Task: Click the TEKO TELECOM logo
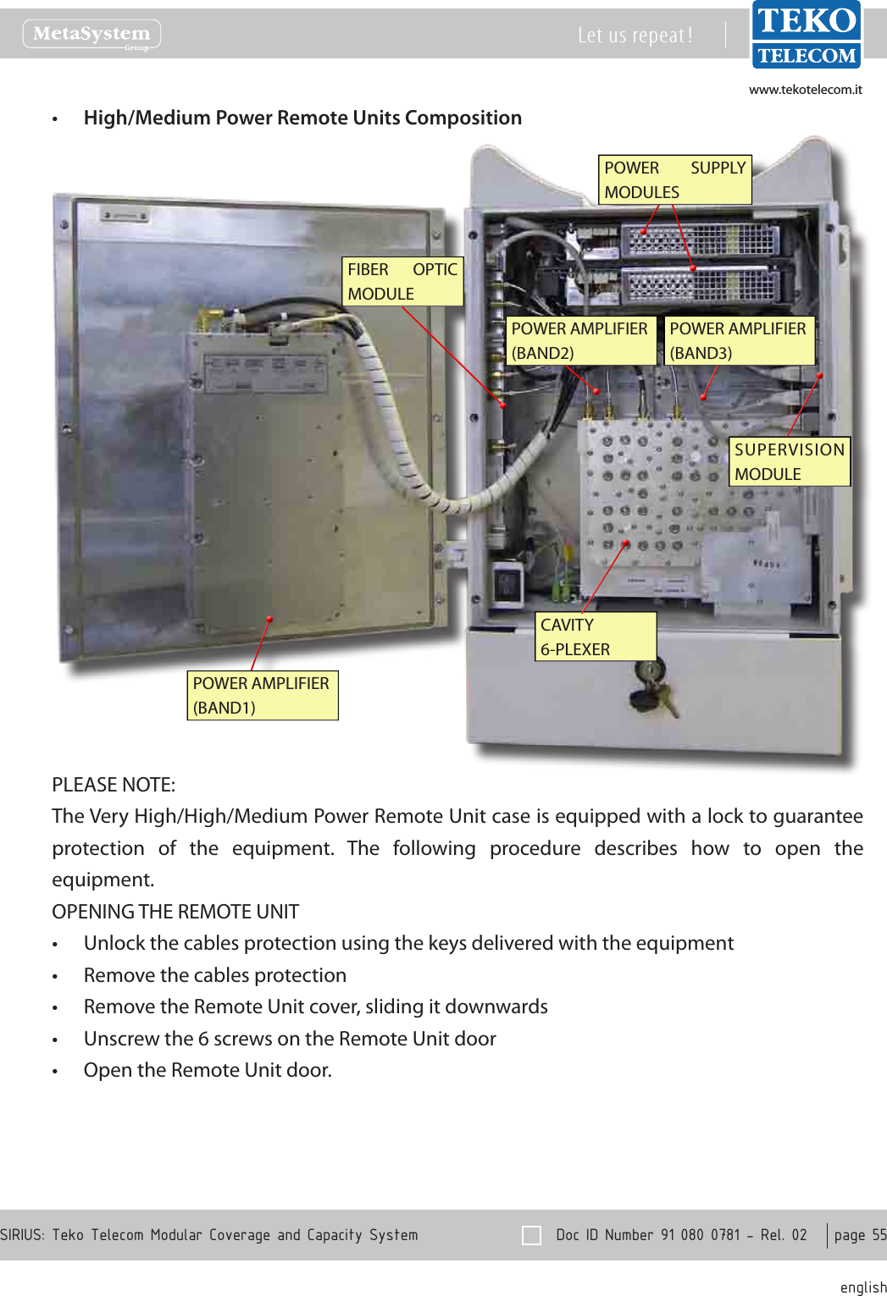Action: [x=806, y=36]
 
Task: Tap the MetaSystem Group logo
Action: [x=91, y=35]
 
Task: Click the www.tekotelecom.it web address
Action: [x=805, y=90]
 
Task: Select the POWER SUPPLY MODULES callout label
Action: [x=674, y=179]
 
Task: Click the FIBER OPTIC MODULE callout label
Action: [x=402, y=281]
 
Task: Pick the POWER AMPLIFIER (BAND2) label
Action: [x=580, y=340]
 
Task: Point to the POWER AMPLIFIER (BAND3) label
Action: [x=739, y=340]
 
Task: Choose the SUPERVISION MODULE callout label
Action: [x=789, y=461]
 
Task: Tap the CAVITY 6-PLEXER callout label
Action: [x=596, y=637]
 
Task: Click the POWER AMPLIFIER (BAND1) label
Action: [x=262, y=695]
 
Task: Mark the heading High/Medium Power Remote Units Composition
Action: [x=302, y=118]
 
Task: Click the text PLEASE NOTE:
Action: [x=114, y=785]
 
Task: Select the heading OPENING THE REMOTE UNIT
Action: [x=175, y=912]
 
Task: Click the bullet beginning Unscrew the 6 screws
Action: [x=290, y=1039]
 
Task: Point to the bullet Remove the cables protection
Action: [x=215, y=975]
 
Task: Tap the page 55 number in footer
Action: [x=859, y=1235]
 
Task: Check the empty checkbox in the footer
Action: [x=532, y=1235]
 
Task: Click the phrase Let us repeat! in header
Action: [x=635, y=36]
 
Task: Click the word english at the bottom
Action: [x=862, y=1288]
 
